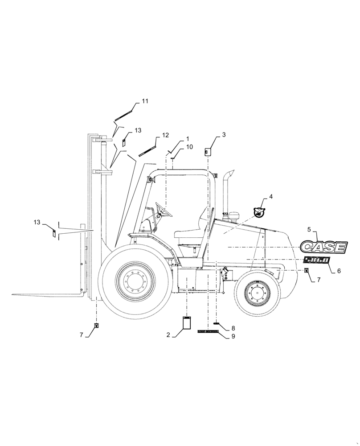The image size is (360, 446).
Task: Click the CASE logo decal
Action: click(323, 246)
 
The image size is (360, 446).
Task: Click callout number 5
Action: click(308, 229)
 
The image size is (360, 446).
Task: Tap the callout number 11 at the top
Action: click(144, 102)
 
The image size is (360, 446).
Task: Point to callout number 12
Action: click(165, 135)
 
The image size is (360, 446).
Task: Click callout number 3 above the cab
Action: click(224, 135)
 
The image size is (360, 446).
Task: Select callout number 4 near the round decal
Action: click(271, 196)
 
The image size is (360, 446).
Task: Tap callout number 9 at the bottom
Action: click(233, 337)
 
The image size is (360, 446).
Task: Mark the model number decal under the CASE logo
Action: click(316, 261)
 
